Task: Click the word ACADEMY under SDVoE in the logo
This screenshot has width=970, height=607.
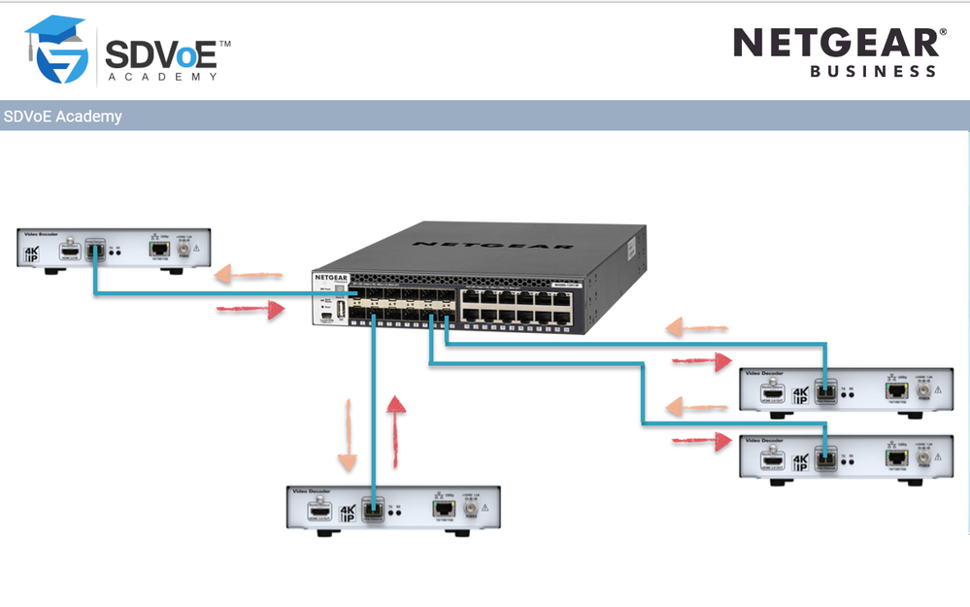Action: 163,76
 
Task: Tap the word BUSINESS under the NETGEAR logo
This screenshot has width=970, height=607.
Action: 873,71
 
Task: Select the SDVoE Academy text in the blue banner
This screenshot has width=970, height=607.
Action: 63,117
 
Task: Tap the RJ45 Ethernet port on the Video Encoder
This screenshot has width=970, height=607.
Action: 159,250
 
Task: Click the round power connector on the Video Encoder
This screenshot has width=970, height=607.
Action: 183,250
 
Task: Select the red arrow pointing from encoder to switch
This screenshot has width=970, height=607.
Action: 251,309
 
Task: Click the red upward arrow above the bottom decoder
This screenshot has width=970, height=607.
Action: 396,431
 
